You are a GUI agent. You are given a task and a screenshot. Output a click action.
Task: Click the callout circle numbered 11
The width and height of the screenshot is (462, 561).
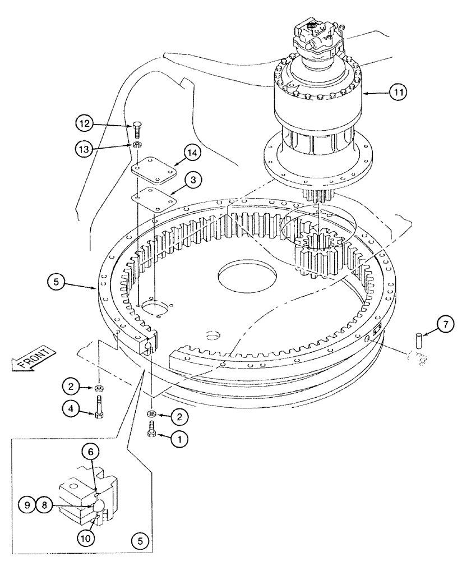397,93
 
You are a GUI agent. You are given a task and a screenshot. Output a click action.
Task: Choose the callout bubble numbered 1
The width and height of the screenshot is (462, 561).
179,440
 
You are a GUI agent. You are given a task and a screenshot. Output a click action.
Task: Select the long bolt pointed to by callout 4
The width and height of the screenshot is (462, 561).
99,410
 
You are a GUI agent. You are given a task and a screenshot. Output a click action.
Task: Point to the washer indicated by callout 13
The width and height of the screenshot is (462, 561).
137,146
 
